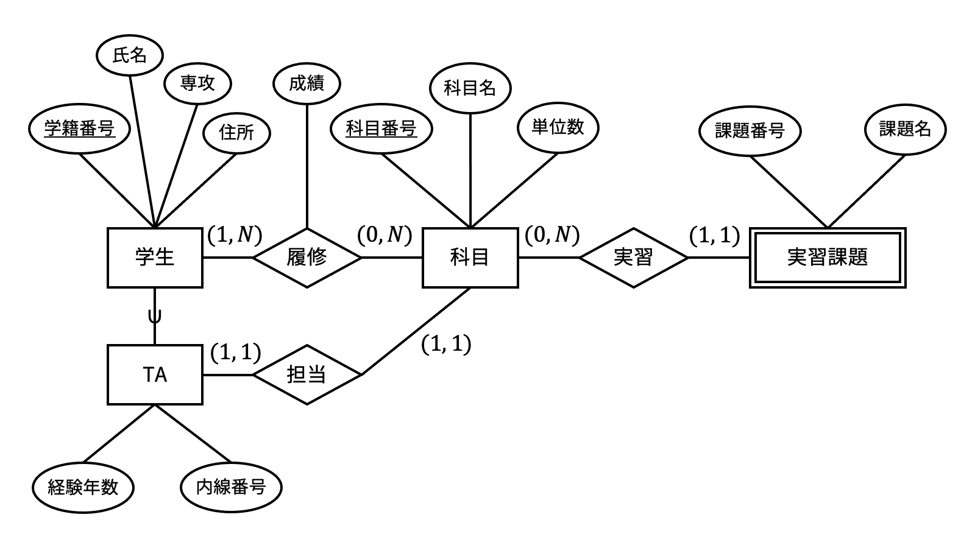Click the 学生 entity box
pyautogui.click(x=155, y=257)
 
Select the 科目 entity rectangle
pyautogui.click(x=470, y=257)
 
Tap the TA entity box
pyautogui.click(x=155, y=374)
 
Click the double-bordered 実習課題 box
pyautogui.click(x=827, y=257)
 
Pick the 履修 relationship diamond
pyautogui.click(x=307, y=257)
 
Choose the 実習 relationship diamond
pyautogui.click(x=633, y=257)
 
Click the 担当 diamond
pyautogui.click(x=307, y=374)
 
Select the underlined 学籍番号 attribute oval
pyautogui.click(x=79, y=129)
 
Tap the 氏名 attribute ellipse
pyautogui.click(x=130, y=56)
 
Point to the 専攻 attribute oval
pyautogui.click(x=197, y=83)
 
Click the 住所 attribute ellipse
pyautogui.click(x=236, y=132)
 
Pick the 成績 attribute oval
pyautogui.click(x=307, y=83)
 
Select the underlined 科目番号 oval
pyautogui.click(x=381, y=129)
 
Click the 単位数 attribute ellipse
pyautogui.click(x=558, y=127)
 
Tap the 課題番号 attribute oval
pyautogui.click(x=750, y=130)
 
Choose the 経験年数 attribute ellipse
pyautogui.click(x=83, y=487)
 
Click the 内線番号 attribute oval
pyautogui.click(x=232, y=487)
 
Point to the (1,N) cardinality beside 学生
pyautogui.click(x=235, y=234)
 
